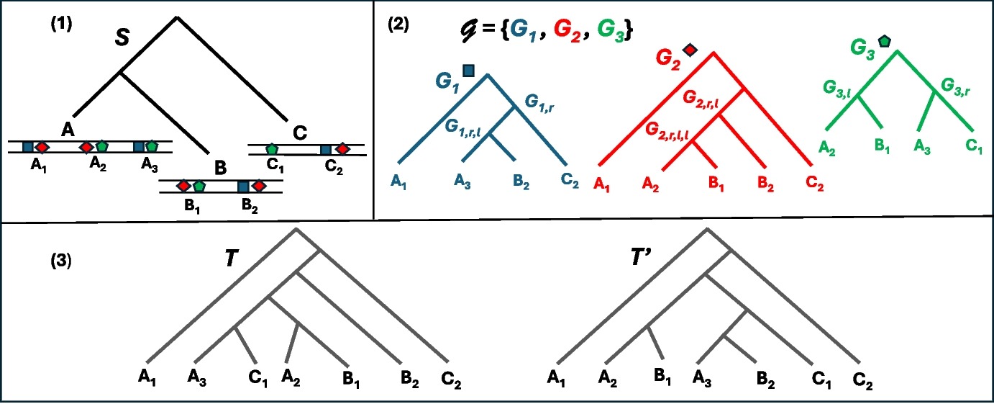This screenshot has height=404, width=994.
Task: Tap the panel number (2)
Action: tap(399, 23)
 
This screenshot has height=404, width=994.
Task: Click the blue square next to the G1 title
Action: tap(468, 70)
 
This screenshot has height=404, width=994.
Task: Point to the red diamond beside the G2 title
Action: tap(690, 50)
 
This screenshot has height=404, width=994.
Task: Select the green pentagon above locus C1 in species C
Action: tap(272, 149)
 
